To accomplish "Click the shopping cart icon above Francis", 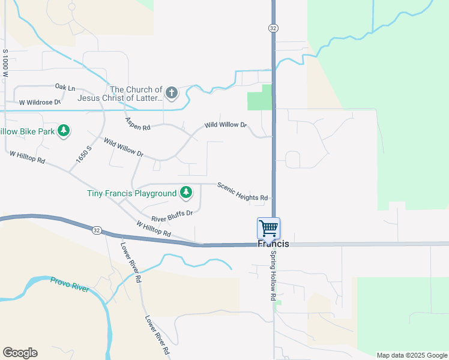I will (x=268, y=228).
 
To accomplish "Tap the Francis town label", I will (x=273, y=244).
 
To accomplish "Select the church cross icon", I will (x=172, y=92).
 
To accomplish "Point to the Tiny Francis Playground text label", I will (x=131, y=193).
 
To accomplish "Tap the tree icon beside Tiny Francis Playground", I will (x=187, y=192).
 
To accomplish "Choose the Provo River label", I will (x=70, y=284).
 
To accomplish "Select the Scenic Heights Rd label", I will (x=242, y=191).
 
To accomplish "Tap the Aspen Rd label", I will (x=137, y=124).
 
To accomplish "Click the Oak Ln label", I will (x=65, y=88).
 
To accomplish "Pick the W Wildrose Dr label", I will (x=40, y=102).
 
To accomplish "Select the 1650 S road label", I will (x=83, y=155).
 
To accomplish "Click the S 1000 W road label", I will (x=5, y=65).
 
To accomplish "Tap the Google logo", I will (x=20, y=353).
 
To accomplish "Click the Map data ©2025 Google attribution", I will (x=411, y=355).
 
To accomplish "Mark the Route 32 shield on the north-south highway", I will (x=273, y=28).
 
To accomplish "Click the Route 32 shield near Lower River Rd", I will (x=96, y=229).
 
